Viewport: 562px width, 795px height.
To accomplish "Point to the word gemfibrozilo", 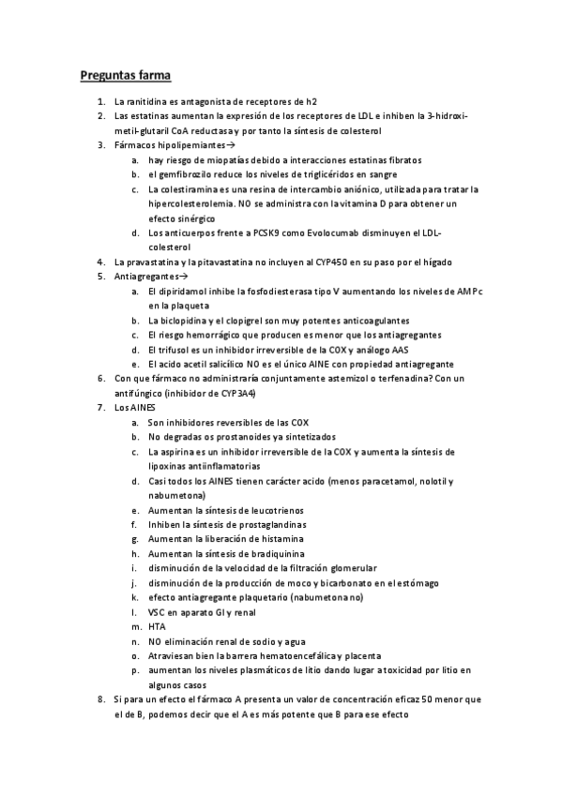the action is (187, 174).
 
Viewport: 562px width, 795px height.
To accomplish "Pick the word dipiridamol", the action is (186, 291).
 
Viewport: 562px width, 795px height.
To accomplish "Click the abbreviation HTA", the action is (158, 626).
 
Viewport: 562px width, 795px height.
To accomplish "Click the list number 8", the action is (101, 699).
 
